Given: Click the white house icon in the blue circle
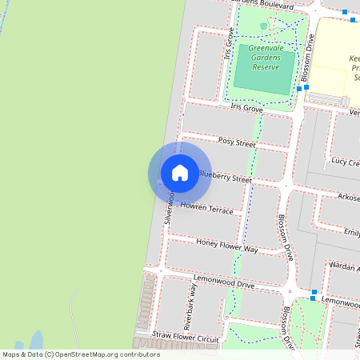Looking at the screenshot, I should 180,173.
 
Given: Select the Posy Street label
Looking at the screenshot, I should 236,142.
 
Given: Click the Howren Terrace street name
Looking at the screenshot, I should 206,208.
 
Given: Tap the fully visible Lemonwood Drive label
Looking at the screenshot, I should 224,282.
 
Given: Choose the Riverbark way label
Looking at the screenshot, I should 190,306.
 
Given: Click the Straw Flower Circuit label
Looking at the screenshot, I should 186,338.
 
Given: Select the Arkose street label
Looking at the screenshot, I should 348,197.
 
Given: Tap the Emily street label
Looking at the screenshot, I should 350,233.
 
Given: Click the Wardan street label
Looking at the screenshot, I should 346,268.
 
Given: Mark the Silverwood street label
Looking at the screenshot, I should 170,206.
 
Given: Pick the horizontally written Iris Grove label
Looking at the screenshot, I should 246,107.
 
